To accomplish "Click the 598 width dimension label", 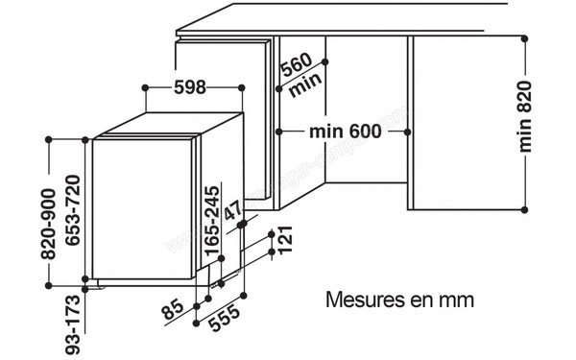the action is [x=191, y=87].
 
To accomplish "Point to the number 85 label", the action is [x=172, y=310].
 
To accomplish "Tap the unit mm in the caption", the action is [x=459, y=300].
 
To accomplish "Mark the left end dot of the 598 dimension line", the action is [x=144, y=87].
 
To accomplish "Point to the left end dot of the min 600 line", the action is [x=277, y=130].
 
